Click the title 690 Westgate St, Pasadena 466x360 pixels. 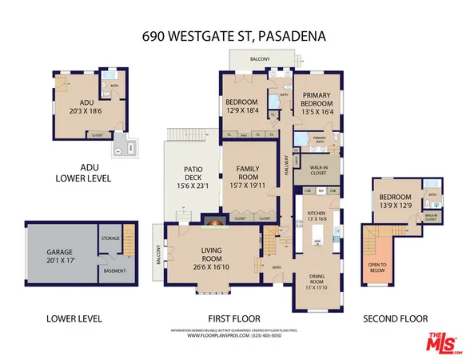[233, 35]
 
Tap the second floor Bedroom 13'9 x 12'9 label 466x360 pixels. [396, 201]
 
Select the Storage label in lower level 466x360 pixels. [110, 238]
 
